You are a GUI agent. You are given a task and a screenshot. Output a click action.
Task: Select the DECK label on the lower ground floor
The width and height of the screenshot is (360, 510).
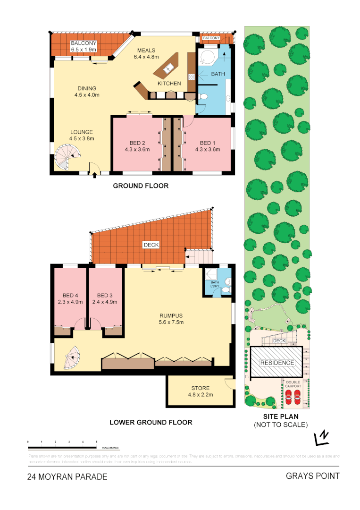tap(151, 245)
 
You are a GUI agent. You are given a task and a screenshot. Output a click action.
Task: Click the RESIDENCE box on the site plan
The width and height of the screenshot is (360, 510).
tap(277, 363)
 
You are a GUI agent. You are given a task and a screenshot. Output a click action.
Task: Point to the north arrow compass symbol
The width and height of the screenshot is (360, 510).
tap(322, 438)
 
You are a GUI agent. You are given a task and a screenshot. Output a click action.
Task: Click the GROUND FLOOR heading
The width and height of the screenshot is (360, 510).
tap(141, 186)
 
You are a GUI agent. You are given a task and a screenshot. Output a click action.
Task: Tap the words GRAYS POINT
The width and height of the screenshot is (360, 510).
tap(312, 476)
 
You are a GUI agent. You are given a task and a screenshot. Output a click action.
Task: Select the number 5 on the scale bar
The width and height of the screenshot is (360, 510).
tap(97, 441)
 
